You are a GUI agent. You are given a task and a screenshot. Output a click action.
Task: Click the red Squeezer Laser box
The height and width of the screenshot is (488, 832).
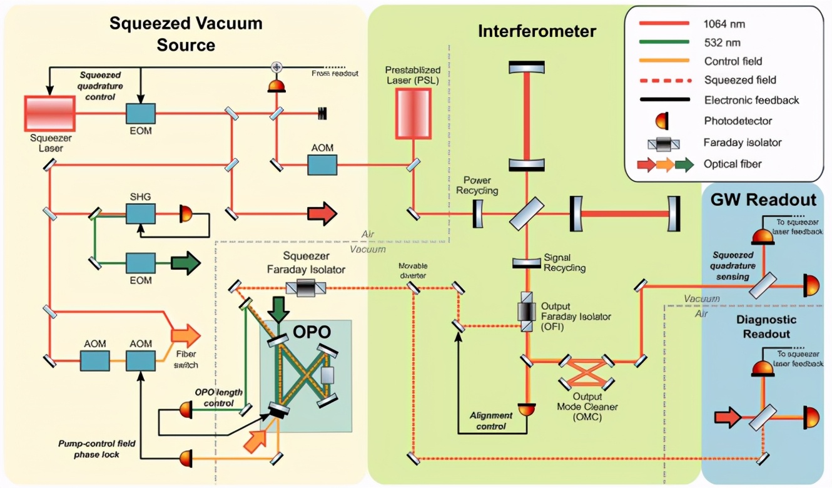pos(49,113)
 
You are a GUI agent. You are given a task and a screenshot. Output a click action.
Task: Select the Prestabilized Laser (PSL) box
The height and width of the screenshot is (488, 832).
pos(413,113)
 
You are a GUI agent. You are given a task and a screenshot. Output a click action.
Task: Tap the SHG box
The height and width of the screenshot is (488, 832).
pos(141,214)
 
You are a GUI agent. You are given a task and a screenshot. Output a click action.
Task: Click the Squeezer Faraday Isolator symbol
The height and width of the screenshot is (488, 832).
pos(306,288)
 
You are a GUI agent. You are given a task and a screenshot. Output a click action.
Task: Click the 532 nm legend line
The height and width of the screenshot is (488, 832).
pos(663,42)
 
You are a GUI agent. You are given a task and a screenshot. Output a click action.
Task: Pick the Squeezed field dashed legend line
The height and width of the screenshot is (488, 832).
pos(663,80)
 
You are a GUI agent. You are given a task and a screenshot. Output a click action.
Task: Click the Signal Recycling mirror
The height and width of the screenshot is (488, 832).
pos(526,263)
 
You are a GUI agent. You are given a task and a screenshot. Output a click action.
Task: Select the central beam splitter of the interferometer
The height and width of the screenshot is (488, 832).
pos(526,214)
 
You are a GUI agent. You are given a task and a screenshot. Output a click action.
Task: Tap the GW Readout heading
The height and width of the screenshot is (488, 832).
pos(763,200)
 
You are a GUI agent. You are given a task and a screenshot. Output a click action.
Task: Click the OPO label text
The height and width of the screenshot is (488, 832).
pos(310,332)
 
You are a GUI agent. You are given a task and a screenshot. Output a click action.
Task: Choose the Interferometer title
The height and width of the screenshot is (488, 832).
pos(537,31)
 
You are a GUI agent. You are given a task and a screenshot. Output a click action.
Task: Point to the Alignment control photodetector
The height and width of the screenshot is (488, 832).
pos(526,409)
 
